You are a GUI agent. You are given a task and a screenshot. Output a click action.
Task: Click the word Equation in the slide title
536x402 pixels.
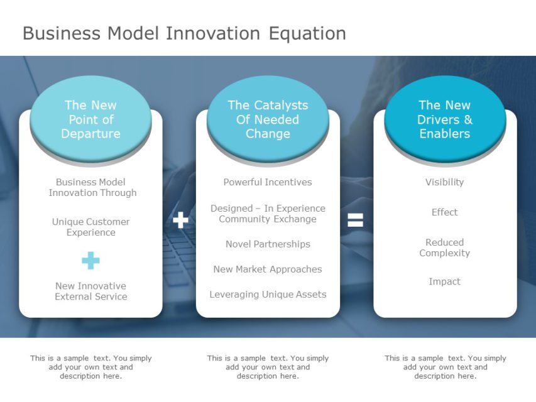[307, 33]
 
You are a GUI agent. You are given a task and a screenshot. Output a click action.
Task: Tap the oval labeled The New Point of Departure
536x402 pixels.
[90, 119]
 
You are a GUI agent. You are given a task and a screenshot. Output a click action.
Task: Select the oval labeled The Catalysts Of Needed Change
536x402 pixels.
[268, 119]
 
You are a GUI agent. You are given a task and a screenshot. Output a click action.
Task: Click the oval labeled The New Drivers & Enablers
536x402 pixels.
[445, 119]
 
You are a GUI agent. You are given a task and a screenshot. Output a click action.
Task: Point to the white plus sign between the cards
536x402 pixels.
[180, 220]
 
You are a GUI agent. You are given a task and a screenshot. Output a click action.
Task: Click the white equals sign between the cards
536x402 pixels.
[356, 220]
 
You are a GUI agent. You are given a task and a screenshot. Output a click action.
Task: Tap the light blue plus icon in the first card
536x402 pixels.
[90, 260]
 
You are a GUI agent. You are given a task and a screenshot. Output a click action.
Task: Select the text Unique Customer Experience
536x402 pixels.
[90, 227]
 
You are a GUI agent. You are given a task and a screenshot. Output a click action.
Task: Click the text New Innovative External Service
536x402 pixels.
[90, 291]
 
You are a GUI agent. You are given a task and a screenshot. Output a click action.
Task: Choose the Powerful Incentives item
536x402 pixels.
[268, 182]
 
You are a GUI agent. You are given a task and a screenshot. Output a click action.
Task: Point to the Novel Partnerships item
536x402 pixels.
[268, 244]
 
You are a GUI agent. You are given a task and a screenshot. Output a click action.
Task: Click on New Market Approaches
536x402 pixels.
[268, 269]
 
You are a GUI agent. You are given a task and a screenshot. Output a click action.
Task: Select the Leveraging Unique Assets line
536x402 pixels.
[268, 294]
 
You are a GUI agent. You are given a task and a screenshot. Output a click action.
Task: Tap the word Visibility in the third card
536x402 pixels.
[444, 182]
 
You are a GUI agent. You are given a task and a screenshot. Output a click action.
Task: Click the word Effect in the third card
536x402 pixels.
[444, 212]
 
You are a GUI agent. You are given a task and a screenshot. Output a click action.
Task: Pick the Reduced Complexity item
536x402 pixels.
[444, 247]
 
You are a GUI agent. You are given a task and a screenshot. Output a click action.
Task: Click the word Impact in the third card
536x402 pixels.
[444, 281]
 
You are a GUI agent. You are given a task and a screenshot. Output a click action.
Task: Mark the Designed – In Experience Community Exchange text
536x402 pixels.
[268, 214]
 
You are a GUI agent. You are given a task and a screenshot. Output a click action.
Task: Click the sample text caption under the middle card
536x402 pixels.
[268, 367]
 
